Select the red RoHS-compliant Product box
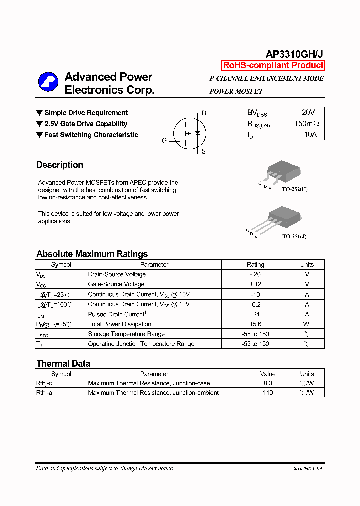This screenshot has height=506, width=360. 273,65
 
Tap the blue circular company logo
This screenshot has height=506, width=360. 49,83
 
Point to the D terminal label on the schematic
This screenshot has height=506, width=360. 204,113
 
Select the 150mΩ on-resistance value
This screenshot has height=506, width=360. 306,124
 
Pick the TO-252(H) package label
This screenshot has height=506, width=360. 295,190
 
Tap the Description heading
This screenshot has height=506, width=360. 60,165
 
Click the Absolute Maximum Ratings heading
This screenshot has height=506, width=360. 92,254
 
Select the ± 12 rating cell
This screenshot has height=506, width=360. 255,284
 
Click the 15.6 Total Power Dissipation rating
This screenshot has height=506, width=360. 255,324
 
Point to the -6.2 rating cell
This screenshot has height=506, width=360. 255,304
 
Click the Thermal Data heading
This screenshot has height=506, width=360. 63,364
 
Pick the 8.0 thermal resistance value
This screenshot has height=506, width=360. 268,383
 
